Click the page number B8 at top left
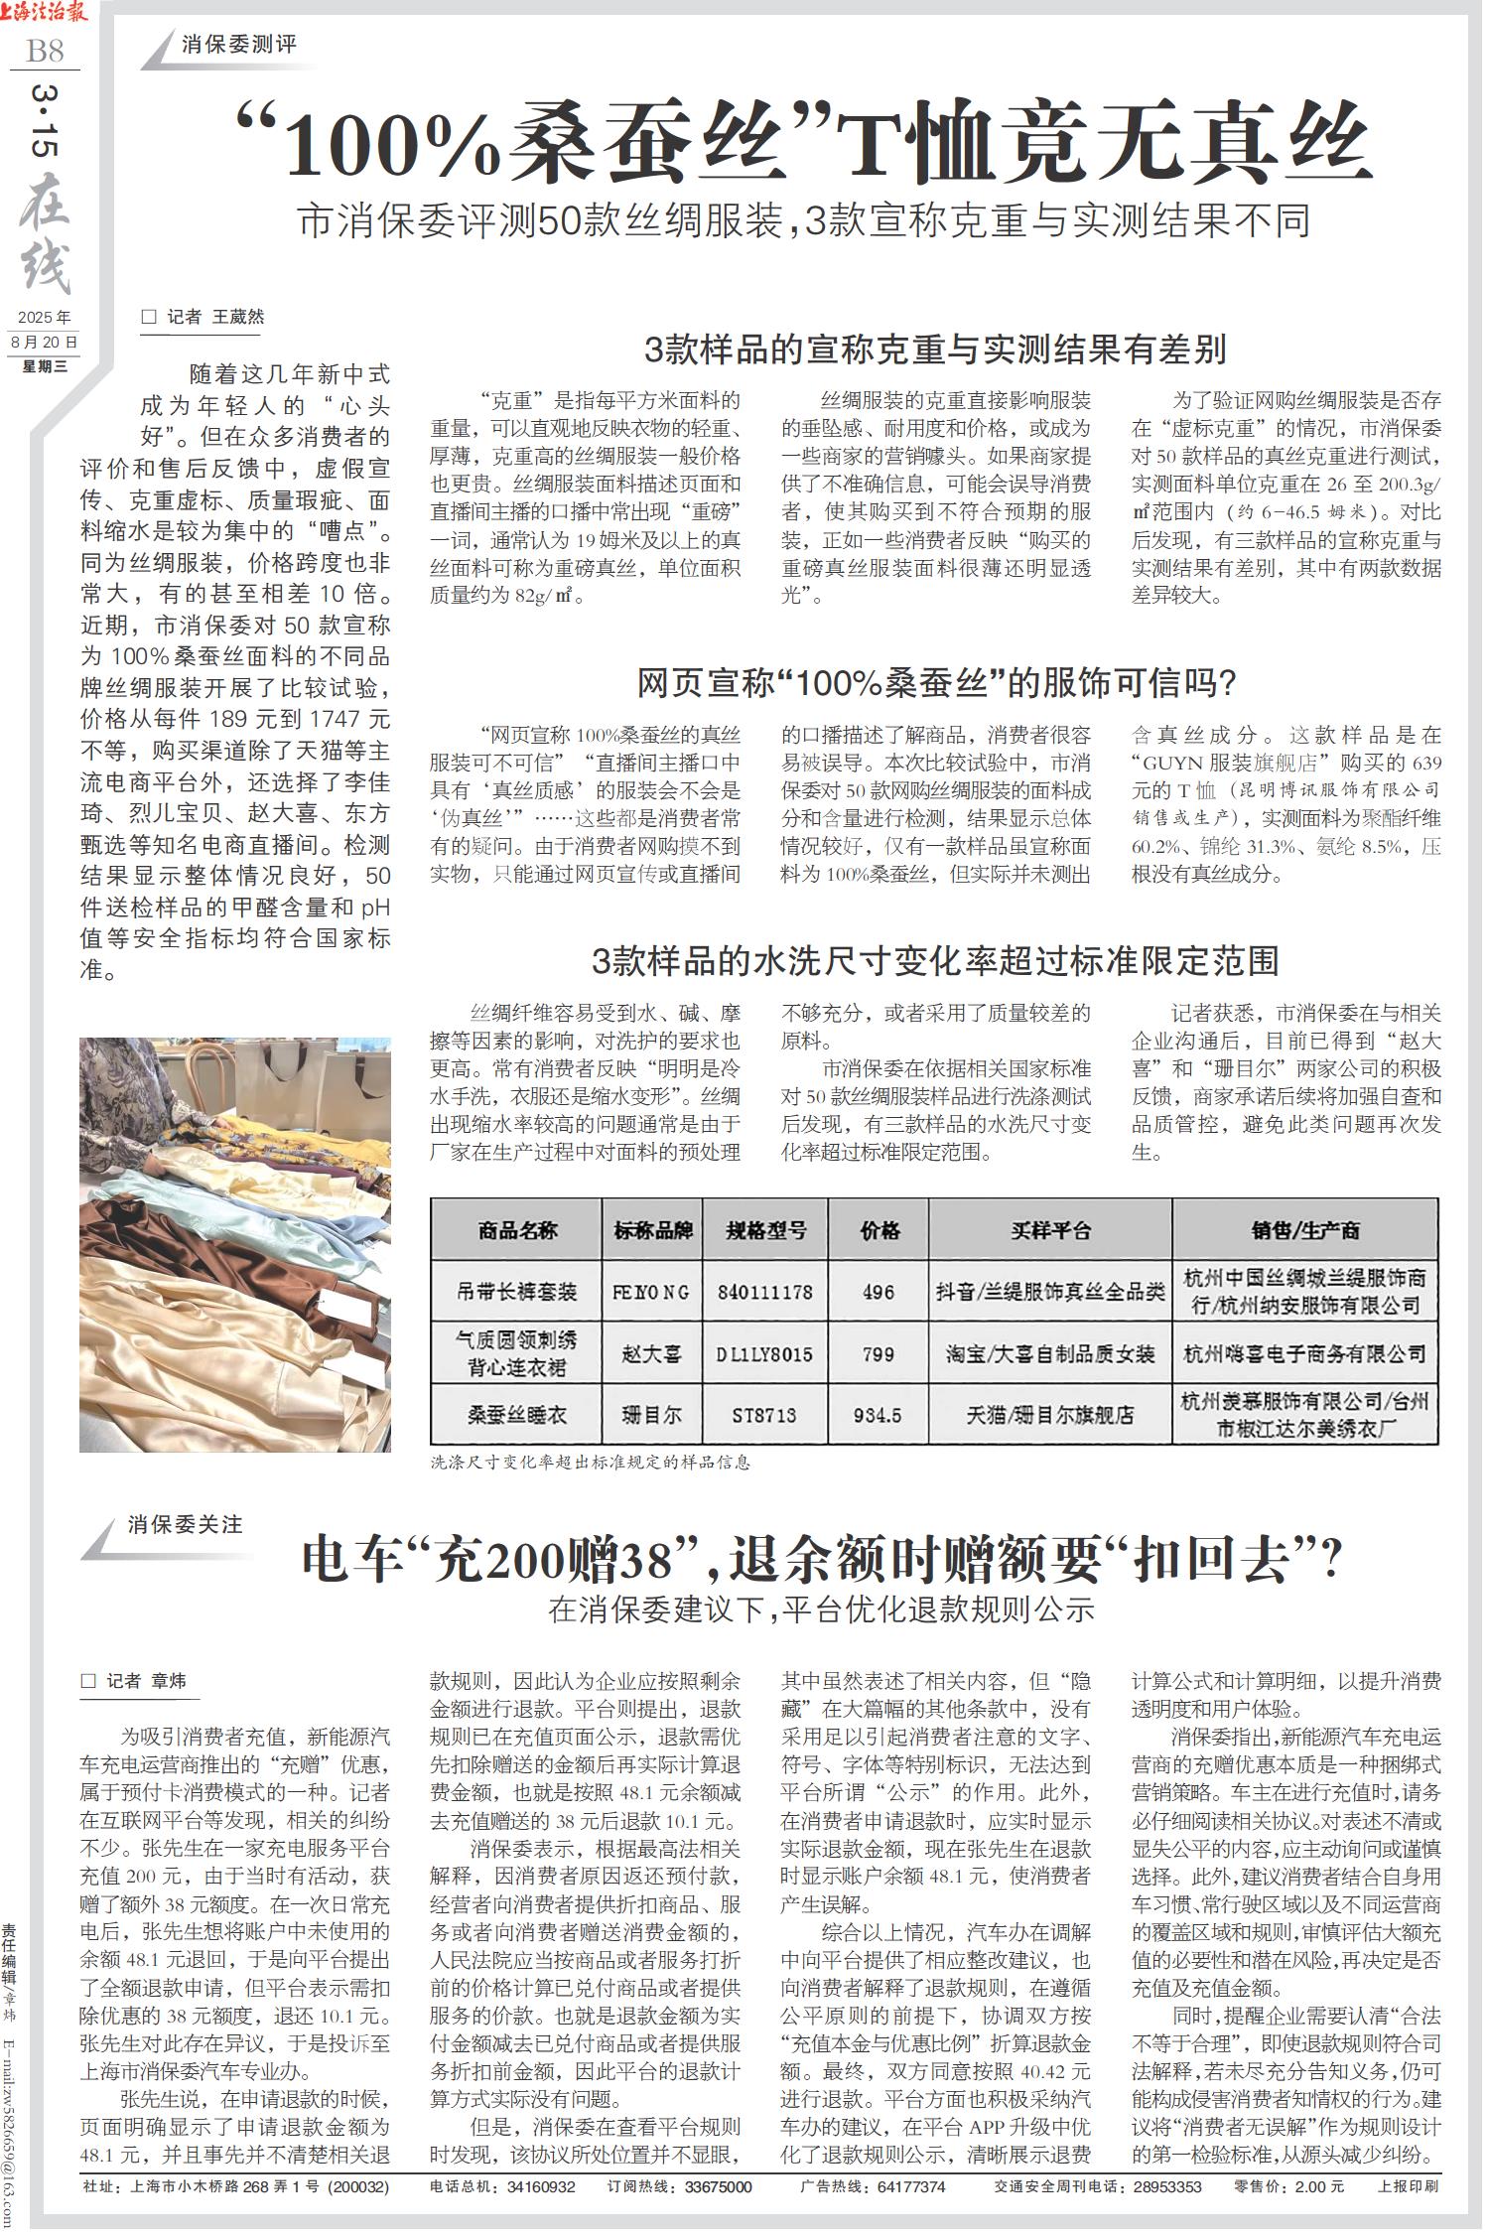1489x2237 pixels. coord(45,49)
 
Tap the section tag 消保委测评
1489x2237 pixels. coord(239,45)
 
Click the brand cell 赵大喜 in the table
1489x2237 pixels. coord(651,1353)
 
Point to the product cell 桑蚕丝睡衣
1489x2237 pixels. coord(516,1415)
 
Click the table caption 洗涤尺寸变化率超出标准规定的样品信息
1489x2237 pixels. coord(591,1463)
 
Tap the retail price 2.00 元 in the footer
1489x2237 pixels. coord(1314,2186)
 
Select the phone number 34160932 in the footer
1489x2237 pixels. coord(541,2186)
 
